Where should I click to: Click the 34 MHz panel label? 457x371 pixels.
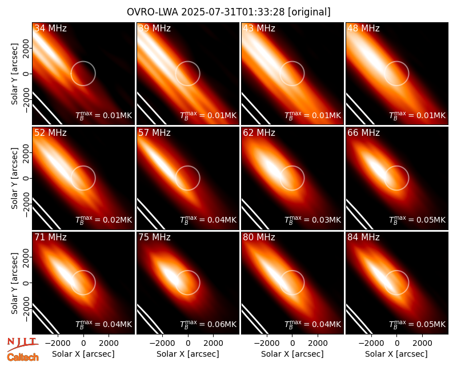(50, 28)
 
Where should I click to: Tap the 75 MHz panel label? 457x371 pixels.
(154, 237)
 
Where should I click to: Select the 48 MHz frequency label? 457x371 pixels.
(363, 28)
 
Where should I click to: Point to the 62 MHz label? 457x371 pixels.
(259, 133)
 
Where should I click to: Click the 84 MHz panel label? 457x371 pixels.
(363, 237)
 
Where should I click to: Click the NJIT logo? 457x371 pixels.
(22, 344)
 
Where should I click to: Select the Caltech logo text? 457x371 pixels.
(23, 357)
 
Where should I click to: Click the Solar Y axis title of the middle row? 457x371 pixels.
(14, 178)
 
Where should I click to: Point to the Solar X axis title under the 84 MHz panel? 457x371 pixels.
(396, 354)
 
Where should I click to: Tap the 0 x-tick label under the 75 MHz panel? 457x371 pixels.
(188, 344)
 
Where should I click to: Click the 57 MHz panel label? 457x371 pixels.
(154, 133)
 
